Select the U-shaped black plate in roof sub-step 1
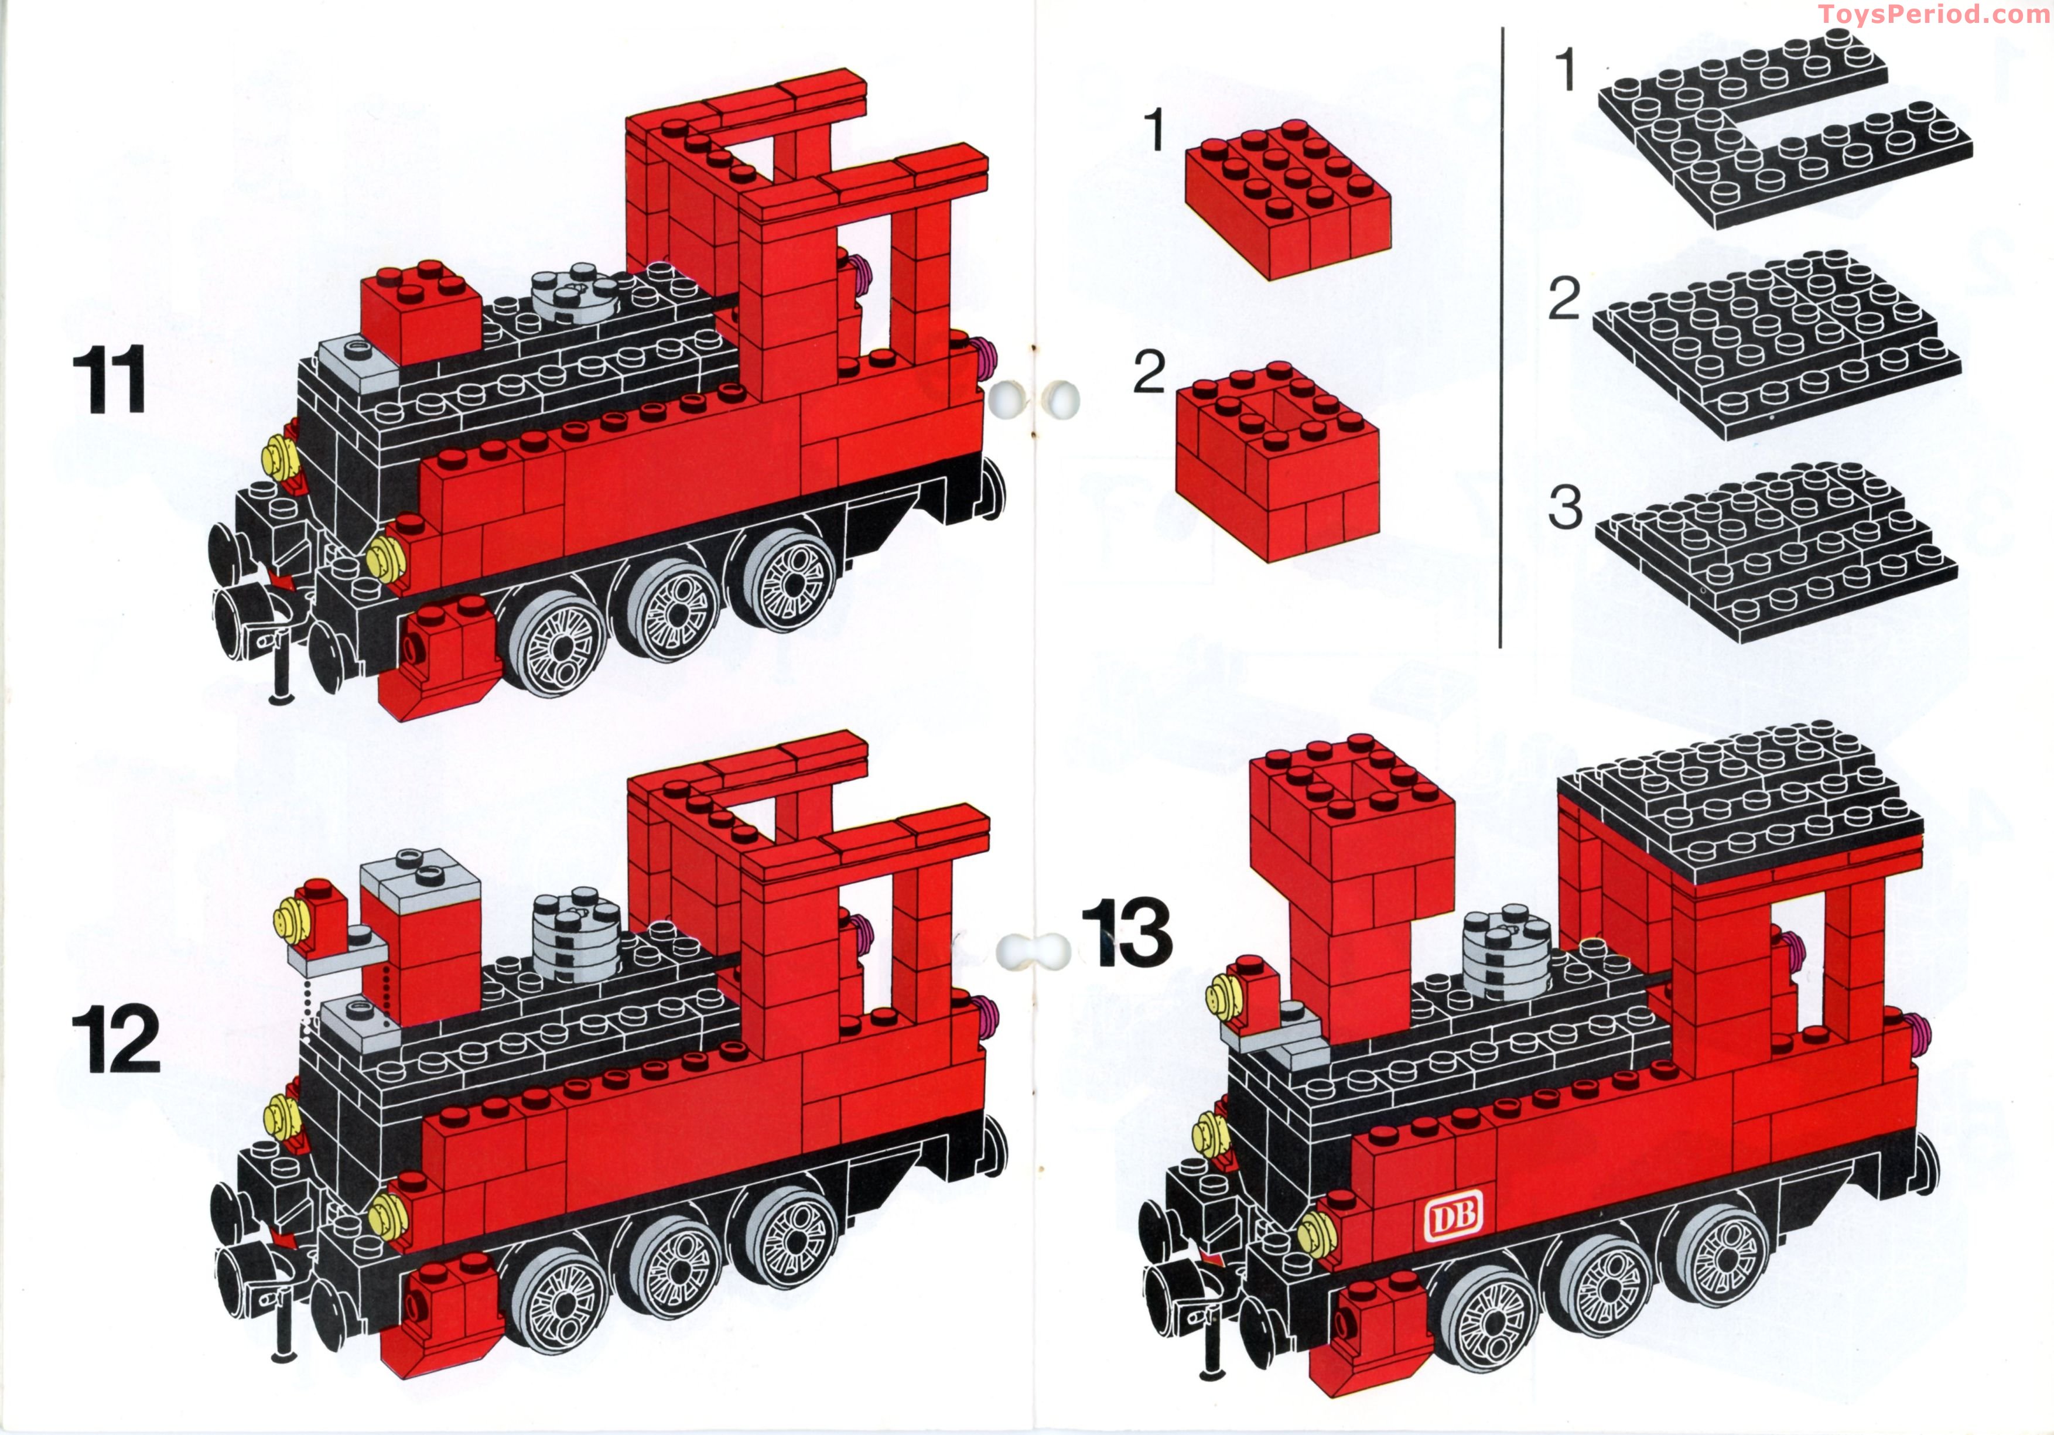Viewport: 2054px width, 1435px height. click(x=1780, y=134)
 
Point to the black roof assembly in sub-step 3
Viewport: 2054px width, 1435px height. click(x=1776, y=555)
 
